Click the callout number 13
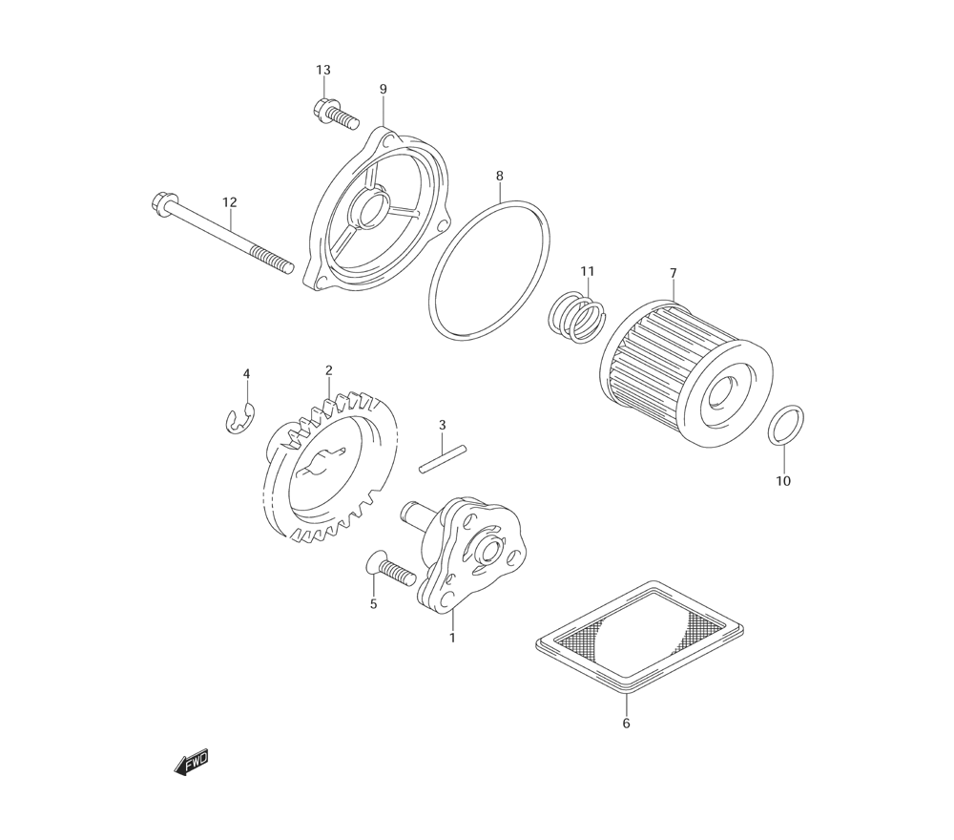coord(323,70)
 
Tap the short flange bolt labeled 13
coord(335,115)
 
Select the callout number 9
coord(384,90)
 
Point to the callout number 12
coord(229,202)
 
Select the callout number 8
coord(500,176)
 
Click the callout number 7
coord(673,273)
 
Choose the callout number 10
coord(783,481)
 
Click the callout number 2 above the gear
coord(328,370)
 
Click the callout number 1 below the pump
coord(452,639)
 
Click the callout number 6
coord(626,724)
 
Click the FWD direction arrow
coord(191,763)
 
